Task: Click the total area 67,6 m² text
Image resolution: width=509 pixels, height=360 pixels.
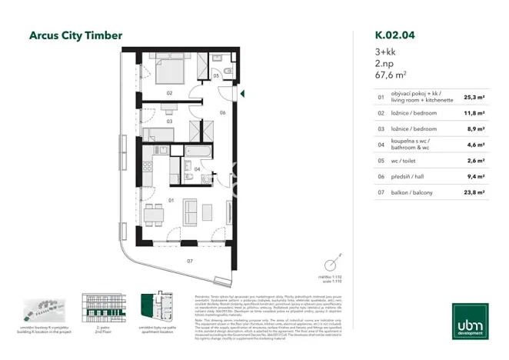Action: click(x=391, y=76)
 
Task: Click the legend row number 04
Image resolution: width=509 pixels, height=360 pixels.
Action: click(x=381, y=145)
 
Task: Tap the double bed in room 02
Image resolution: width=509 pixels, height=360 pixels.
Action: click(x=170, y=71)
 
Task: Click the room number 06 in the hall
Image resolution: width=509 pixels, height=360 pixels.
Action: click(x=222, y=113)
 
